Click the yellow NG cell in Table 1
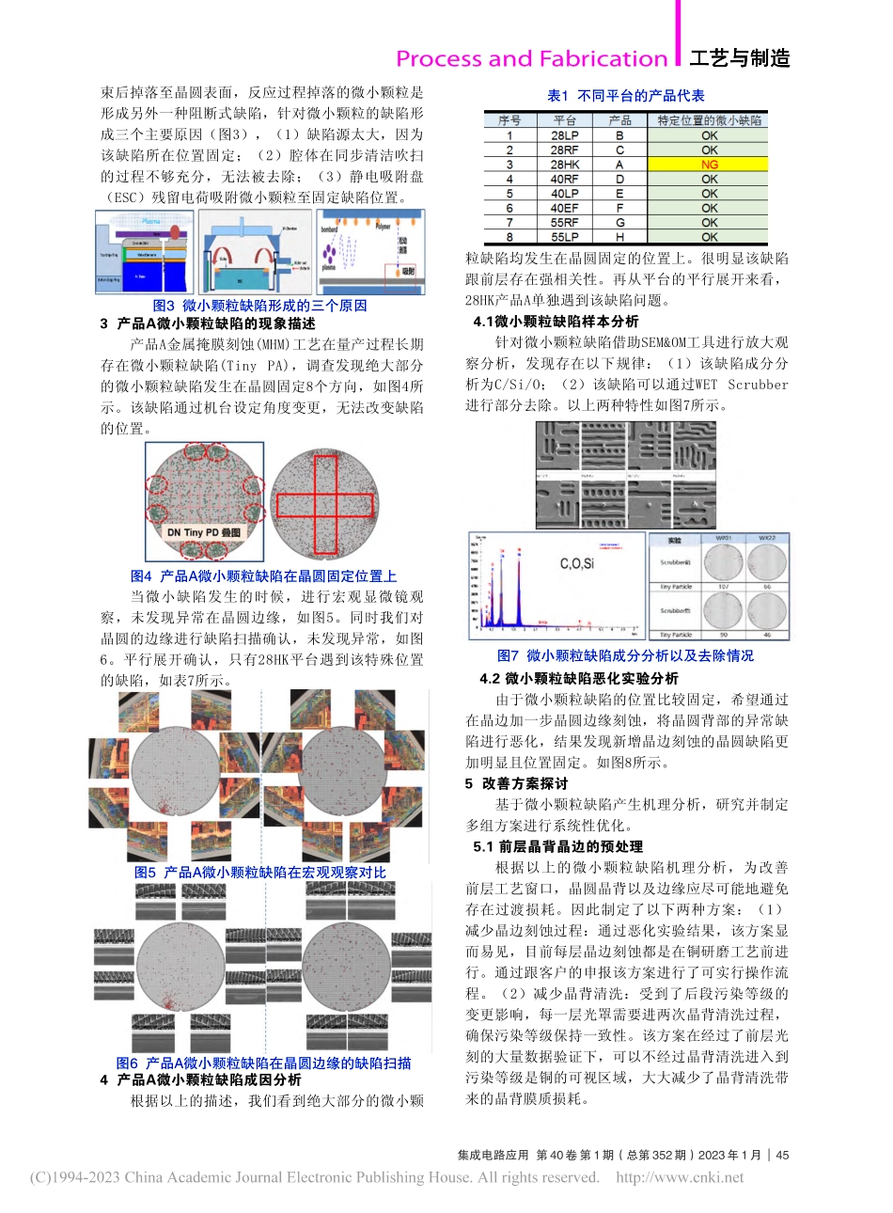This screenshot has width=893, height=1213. coord(709,165)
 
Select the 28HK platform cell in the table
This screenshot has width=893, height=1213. coord(564,165)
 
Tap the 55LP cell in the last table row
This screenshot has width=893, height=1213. coord(564,237)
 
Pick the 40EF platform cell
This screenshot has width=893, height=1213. coord(564,208)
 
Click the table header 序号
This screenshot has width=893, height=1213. coord(509,120)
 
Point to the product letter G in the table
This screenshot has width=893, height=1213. coord(619,223)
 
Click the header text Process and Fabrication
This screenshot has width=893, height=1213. coord(531,59)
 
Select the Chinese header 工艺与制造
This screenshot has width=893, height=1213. coord(740,59)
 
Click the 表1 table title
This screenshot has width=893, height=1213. coord(626,96)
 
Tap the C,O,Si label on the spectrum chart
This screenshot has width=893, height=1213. coord(576,563)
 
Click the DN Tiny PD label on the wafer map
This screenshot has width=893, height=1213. coord(203,532)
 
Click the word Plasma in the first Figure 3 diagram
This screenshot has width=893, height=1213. coord(151,221)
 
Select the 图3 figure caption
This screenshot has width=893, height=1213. coord(259,306)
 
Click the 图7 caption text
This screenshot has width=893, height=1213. coord(625,655)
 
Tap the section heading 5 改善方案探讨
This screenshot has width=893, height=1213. coord(516,783)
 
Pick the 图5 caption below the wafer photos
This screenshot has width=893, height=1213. coord(259,873)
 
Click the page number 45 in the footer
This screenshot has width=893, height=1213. coord(782,1155)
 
